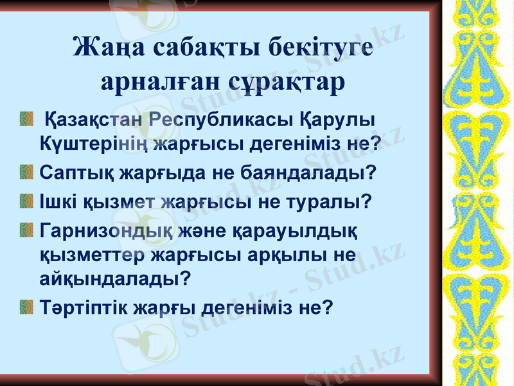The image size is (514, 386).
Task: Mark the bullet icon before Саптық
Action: [26, 172]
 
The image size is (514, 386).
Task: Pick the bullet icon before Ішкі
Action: [26, 201]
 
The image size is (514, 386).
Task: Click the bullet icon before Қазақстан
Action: [26, 120]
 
